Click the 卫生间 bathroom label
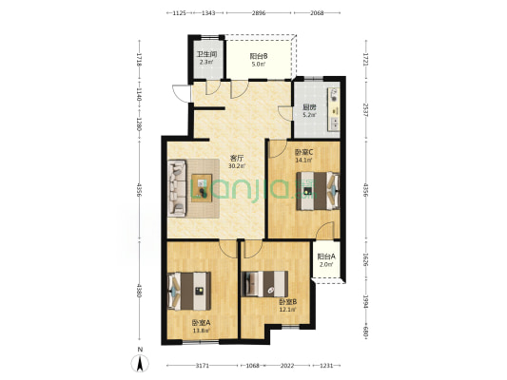pos(207,54)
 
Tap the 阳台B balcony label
pos(259,56)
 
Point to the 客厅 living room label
pos(236,159)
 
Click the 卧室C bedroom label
pos(303,151)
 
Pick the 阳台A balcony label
pos(326,256)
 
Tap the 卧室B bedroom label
pos(288,302)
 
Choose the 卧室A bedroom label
pos(201,323)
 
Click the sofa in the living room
pos(177,188)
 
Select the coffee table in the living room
pos(202,188)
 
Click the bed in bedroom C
pos(318,191)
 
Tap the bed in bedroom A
pos(189,292)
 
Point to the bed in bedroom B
pos(264,284)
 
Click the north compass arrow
pos(140,364)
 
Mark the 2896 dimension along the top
pos(259,13)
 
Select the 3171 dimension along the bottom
pos(203,366)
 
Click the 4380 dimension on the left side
pos(140,291)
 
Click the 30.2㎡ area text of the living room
pos(237,166)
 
